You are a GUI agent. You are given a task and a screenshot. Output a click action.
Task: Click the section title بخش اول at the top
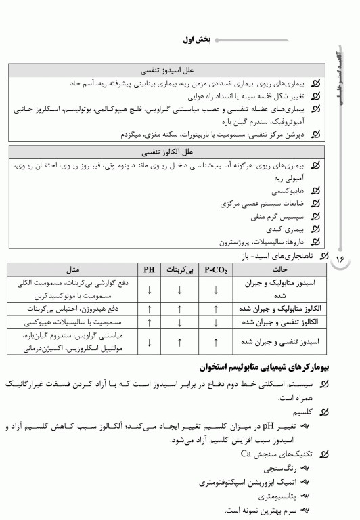point(195,41)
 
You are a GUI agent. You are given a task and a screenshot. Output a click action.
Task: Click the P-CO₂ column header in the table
point(216,269)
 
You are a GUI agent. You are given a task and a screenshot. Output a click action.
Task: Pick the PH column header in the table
point(148,269)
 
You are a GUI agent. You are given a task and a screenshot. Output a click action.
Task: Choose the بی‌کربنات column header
point(179,269)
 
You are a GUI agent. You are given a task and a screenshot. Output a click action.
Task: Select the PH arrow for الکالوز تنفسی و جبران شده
point(148,322)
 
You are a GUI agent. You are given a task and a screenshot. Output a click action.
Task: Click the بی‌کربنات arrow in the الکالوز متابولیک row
point(179,309)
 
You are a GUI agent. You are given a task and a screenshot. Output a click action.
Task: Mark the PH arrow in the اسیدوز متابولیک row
point(148,290)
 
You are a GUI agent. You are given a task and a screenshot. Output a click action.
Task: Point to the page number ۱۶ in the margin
point(340,259)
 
